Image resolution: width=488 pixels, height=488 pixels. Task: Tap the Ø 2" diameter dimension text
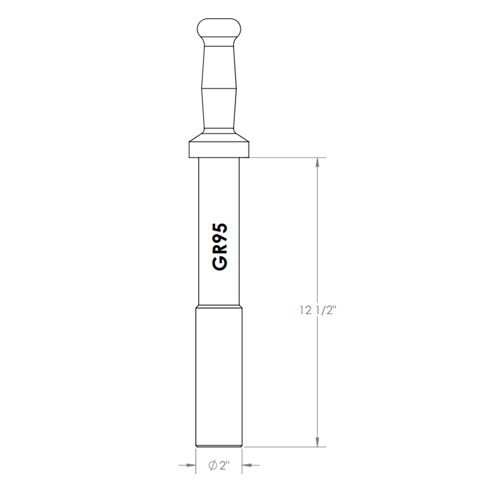tap(218, 465)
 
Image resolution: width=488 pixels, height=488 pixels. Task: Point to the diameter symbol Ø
tap(212, 465)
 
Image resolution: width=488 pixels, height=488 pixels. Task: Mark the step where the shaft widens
tap(219, 306)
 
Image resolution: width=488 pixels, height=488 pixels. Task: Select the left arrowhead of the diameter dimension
tap(190, 465)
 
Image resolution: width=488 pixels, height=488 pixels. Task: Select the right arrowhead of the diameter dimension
tap(248, 465)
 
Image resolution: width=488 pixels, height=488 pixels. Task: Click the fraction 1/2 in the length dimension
tap(326, 310)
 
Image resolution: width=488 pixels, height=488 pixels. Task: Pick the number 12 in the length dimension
tap(306, 310)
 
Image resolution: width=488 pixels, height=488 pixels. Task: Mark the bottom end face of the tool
tap(219, 447)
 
